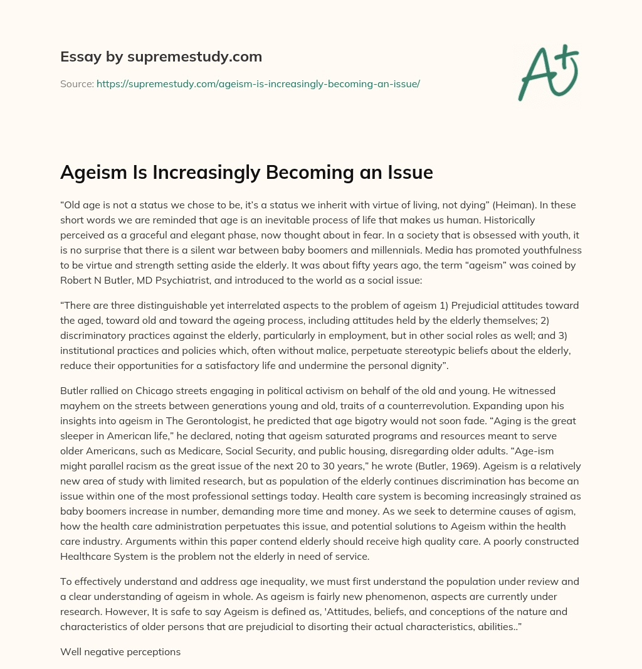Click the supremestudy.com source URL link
[x=258, y=83]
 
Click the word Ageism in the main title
[x=93, y=173]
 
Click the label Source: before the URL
[x=77, y=83]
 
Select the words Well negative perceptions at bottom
[x=120, y=652]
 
